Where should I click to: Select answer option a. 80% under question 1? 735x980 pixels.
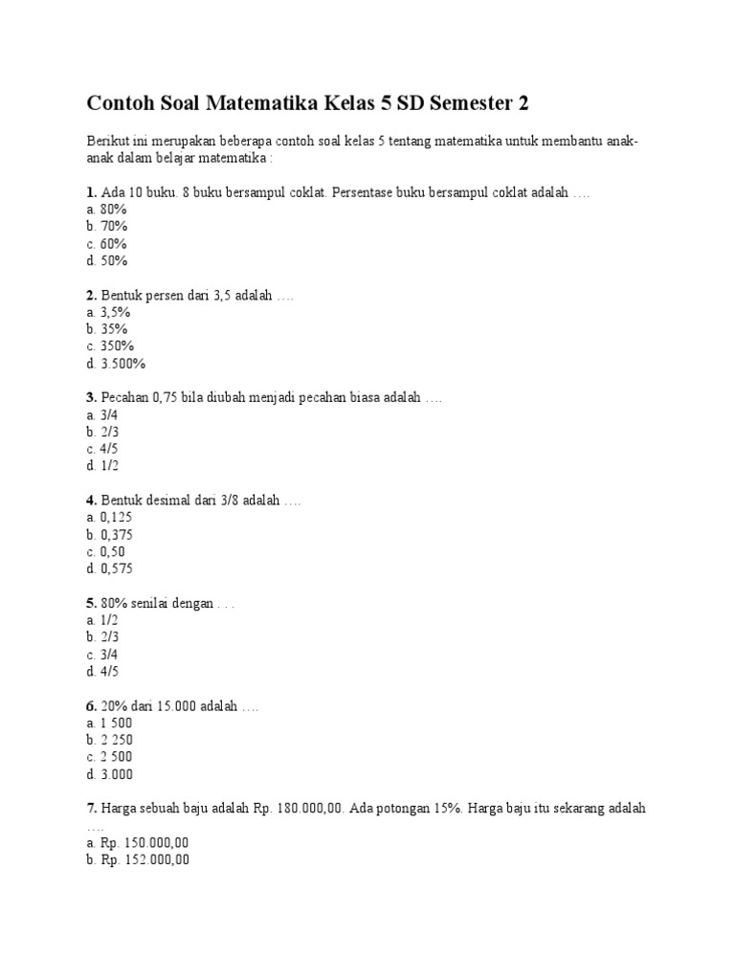coord(106,209)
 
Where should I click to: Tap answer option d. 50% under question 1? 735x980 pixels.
coord(106,260)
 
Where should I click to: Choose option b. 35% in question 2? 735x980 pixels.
coord(106,329)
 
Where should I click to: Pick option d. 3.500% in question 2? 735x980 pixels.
coord(116,364)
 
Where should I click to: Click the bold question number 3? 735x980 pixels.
coord(90,398)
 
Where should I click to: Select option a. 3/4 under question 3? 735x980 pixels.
coord(102,415)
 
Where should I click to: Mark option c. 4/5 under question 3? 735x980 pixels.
coord(102,450)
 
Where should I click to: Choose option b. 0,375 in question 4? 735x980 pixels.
coord(109,535)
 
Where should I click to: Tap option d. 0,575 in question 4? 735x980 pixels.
coord(109,569)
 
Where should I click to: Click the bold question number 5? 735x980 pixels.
coord(90,604)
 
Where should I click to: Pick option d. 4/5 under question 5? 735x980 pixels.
coord(102,672)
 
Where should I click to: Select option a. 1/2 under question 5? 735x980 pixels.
coord(102,620)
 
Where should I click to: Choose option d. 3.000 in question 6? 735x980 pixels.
coord(109,774)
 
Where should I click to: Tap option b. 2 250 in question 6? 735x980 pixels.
coord(109,740)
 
